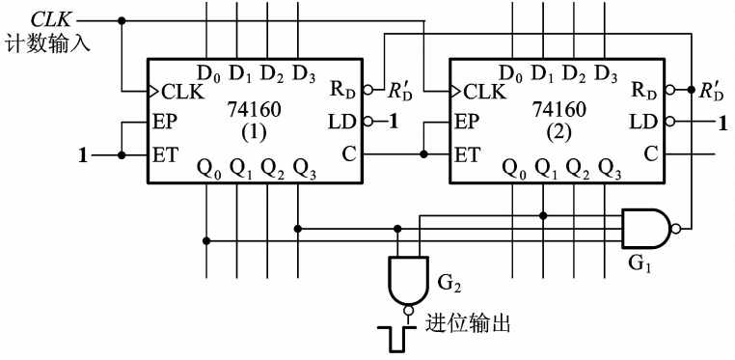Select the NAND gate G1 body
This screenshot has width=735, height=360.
pos(644,229)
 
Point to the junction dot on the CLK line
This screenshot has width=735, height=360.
pos(122,20)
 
